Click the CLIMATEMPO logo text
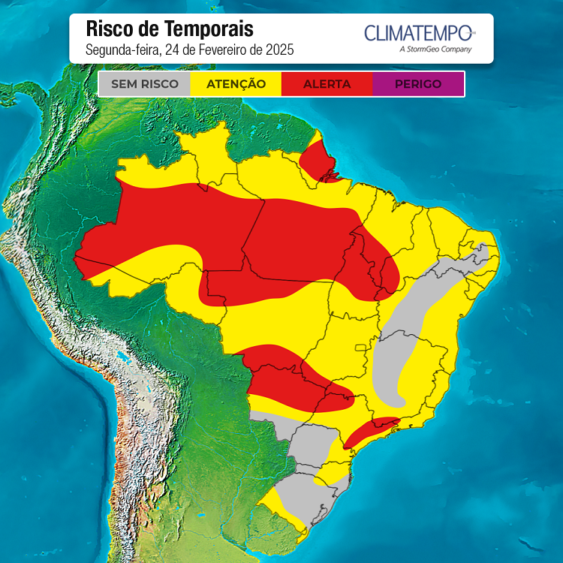pos(418,33)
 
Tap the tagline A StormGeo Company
pos(435,50)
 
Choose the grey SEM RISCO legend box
pos(145,84)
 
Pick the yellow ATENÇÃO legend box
pos(236,84)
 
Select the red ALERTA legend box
pos(327,84)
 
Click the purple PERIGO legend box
pos(417,84)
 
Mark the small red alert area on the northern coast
pos(316,159)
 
